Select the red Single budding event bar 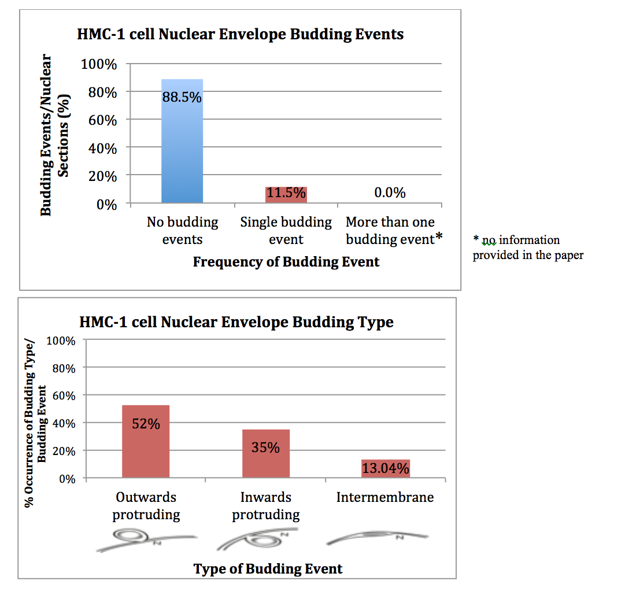tap(286, 194)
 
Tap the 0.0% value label tap(390, 193)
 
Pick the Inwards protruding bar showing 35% tap(265, 453)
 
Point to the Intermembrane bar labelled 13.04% tap(386, 468)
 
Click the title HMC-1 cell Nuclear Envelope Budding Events tap(240, 34)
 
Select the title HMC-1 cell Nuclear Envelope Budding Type tap(236, 321)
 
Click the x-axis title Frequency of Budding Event tap(286, 262)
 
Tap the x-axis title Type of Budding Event tap(268, 568)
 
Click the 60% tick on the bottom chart tap(64, 395)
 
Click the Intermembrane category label tap(385, 497)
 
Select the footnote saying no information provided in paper tap(527, 247)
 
